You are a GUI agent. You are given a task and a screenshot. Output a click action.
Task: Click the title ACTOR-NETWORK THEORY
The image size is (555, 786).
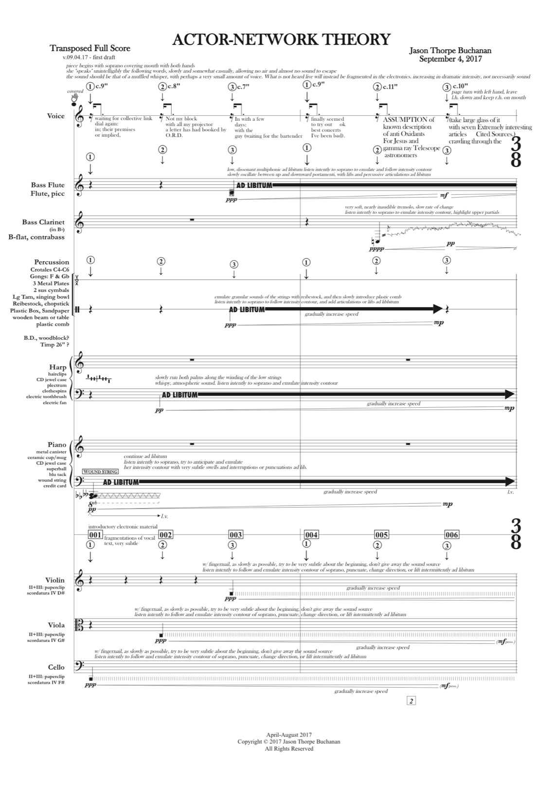pyautogui.click(x=281, y=39)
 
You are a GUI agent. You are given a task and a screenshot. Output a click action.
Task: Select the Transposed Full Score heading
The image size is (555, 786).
pyautogui.click(x=90, y=49)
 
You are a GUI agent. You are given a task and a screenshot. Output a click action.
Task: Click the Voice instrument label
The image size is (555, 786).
pyautogui.click(x=55, y=116)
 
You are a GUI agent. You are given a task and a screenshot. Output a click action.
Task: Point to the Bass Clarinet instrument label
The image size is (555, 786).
pyautogui.click(x=43, y=222)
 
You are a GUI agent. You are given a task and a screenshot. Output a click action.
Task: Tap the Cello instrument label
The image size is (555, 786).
pyautogui.click(x=56, y=667)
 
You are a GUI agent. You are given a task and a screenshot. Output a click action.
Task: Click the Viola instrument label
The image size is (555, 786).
pyautogui.click(x=56, y=625)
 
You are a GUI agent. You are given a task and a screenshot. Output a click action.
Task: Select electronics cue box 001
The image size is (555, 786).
pyautogui.click(x=95, y=535)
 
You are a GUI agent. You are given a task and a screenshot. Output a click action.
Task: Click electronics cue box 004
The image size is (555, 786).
pyautogui.click(x=311, y=535)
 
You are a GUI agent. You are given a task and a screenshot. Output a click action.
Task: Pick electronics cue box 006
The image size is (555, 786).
pyautogui.click(x=451, y=535)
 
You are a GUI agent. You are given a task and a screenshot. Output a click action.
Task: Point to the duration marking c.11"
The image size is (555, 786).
pyautogui.click(x=389, y=87)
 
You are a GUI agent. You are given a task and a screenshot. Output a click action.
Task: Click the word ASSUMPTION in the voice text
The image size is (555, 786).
pyautogui.click(x=402, y=119)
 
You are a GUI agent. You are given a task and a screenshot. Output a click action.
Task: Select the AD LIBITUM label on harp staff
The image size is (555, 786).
pyautogui.click(x=179, y=395)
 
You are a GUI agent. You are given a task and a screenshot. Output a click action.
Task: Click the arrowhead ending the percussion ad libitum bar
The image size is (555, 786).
pyautogui.click(x=437, y=309)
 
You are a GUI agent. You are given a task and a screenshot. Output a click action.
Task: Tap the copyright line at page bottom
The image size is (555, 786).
pyautogui.click(x=289, y=742)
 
